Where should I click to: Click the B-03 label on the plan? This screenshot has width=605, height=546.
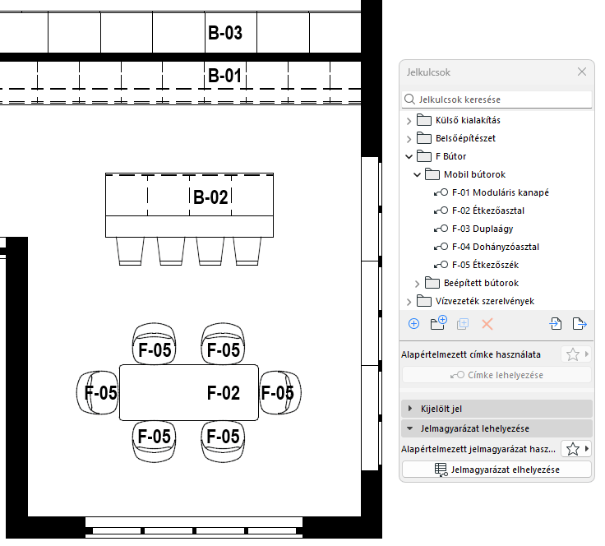[x=225, y=33]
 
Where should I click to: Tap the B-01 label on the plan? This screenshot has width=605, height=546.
[x=224, y=76]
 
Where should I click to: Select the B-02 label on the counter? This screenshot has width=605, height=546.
[x=210, y=197]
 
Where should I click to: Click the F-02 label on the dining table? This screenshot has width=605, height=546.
[x=224, y=393]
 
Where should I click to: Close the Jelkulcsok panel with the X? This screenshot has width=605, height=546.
[x=582, y=72]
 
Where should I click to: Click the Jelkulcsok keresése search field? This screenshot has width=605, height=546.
[x=497, y=99]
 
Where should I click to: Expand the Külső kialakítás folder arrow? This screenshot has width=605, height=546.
[x=409, y=121]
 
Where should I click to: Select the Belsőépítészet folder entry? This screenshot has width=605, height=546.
[x=465, y=138]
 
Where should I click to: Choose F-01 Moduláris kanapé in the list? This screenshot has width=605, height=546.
[x=501, y=192]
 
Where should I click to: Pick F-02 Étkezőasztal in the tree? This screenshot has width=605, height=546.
[x=488, y=211]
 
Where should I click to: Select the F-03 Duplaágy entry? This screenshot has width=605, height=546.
[x=483, y=229]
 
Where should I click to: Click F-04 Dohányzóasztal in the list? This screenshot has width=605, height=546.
[x=496, y=247]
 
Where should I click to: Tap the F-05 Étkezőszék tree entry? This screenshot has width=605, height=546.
[x=485, y=265]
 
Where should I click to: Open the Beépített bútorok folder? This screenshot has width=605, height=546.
[x=481, y=283]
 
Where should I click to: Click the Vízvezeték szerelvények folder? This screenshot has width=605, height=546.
[x=485, y=301]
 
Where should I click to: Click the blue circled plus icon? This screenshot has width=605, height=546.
[x=413, y=324]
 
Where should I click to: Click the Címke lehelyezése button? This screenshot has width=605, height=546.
[x=497, y=375]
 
